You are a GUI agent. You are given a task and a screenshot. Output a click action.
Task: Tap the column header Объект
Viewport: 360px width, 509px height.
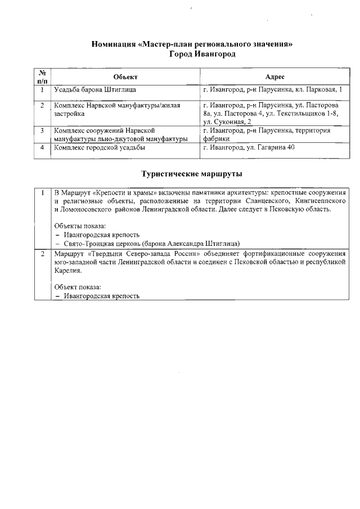(125, 77)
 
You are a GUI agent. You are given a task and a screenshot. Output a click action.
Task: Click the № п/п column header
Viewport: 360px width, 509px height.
(42, 77)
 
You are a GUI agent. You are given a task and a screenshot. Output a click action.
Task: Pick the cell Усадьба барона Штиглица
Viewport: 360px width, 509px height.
(94, 89)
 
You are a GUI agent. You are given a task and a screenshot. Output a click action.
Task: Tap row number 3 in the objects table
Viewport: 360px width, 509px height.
(42, 130)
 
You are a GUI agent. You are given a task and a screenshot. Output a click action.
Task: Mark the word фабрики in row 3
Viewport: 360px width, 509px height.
(216, 139)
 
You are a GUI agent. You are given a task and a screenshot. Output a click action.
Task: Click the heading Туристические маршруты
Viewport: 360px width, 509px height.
(192, 174)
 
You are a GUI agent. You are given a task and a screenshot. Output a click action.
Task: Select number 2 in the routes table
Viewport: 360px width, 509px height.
(42, 254)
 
